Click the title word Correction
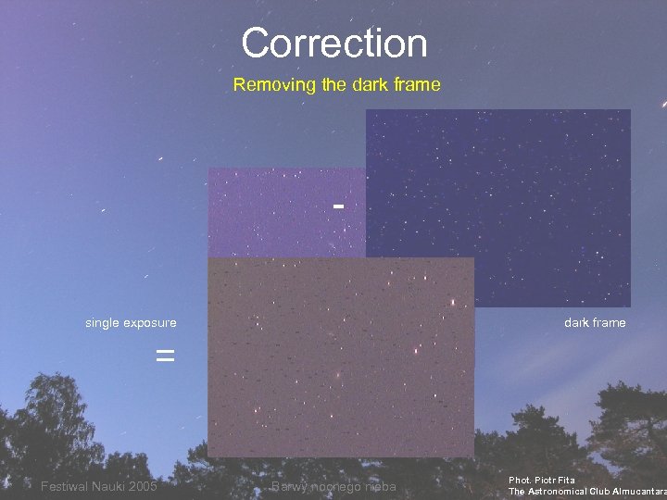[333, 44]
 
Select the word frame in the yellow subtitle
[414, 85]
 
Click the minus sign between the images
[339, 205]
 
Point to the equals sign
[165, 355]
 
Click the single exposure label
[131, 322]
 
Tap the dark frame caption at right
[595, 322]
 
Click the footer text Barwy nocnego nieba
[333, 487]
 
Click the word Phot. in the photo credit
[519, 480]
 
